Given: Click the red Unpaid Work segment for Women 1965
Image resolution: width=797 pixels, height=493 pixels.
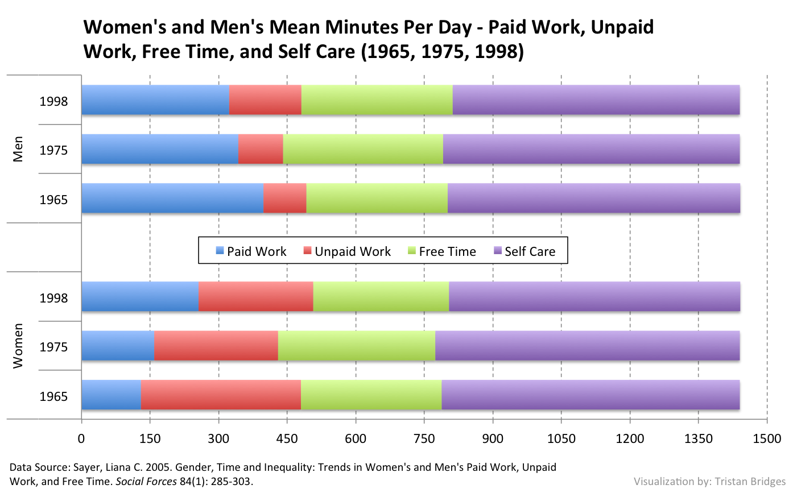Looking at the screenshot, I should coord(221,395).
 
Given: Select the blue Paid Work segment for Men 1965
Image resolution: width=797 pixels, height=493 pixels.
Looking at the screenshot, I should coord(172,198).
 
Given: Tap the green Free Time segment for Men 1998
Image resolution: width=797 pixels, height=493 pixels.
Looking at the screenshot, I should coord(377,100).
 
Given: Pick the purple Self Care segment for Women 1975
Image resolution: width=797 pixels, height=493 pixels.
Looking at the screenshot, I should coord(587,346).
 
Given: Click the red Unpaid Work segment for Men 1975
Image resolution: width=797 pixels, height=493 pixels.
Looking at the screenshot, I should coord(261,149).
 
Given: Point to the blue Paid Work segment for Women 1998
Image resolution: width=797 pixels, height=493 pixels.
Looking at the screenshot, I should coord(140,296).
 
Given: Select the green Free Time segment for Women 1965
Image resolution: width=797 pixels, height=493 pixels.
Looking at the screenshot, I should coord(371,395).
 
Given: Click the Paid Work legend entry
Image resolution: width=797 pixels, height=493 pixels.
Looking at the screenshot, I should coord(251,251).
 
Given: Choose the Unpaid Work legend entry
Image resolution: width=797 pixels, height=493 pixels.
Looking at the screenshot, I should coord(347,251).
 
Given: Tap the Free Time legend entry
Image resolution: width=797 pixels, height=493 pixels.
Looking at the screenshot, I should coord(441,251).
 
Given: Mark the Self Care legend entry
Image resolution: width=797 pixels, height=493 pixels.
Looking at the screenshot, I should coord(524,251).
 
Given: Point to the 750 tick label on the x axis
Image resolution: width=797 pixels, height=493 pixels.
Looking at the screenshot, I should coord(424,438).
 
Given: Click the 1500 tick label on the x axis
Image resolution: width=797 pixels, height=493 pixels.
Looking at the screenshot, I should coord(767,438).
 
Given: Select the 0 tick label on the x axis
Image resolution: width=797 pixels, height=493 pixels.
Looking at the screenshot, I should coord(81,438).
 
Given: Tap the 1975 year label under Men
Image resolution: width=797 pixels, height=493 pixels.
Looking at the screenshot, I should coord(53,151).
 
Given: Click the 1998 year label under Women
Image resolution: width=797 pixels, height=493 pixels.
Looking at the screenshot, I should coord(53,298).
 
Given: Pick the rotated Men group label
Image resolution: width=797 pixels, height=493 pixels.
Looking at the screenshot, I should coord(18,149).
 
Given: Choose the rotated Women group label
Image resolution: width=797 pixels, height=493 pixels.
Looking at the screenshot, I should coord(18,346).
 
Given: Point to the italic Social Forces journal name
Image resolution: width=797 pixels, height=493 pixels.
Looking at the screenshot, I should coord(146,481).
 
